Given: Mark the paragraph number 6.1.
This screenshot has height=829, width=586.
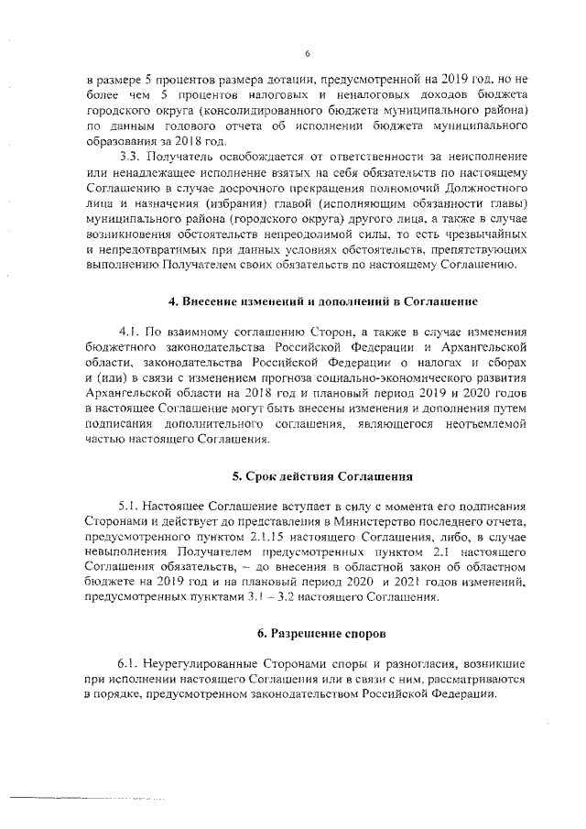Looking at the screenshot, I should tap(130, 662).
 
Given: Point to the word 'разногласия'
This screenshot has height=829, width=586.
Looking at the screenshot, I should tap(426, 662).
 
